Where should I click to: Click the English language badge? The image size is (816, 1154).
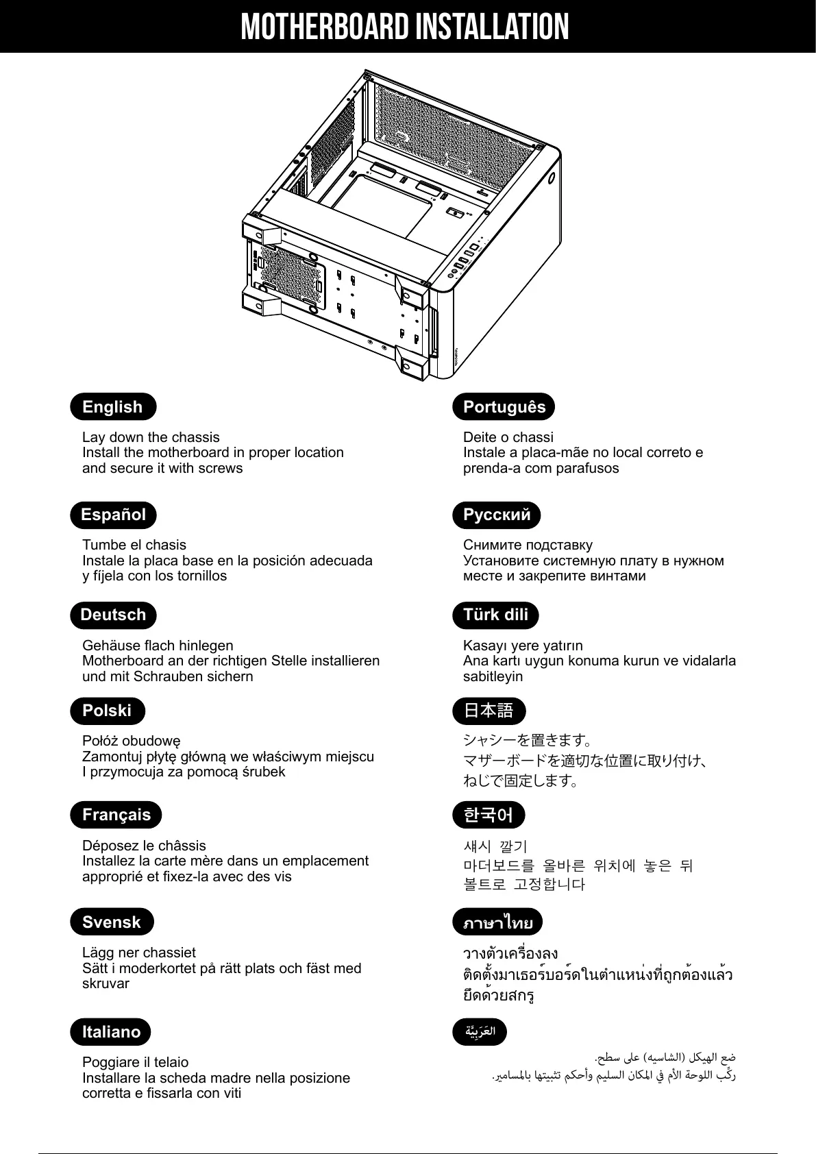coord(113,407)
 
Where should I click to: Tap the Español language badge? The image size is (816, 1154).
coord(113,515)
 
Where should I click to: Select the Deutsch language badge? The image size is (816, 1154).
coord(113,615)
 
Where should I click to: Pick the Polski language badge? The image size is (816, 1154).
coord(107,711)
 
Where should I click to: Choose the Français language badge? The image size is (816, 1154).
coord(116,815)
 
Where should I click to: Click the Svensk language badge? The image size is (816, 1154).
coord(112,922)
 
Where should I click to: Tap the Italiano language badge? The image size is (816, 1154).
coord(110,1032)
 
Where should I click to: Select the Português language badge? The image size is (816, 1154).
coord(504,407)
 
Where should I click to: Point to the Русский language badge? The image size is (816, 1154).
coord(497,515)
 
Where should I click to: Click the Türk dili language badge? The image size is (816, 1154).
coord(495,615)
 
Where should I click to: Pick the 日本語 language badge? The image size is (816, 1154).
coord(489,711)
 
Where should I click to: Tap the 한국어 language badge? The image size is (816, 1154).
coord(488,815)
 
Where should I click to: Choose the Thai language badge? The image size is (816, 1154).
coord(497,922)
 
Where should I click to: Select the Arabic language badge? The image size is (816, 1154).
coord(480,1031)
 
